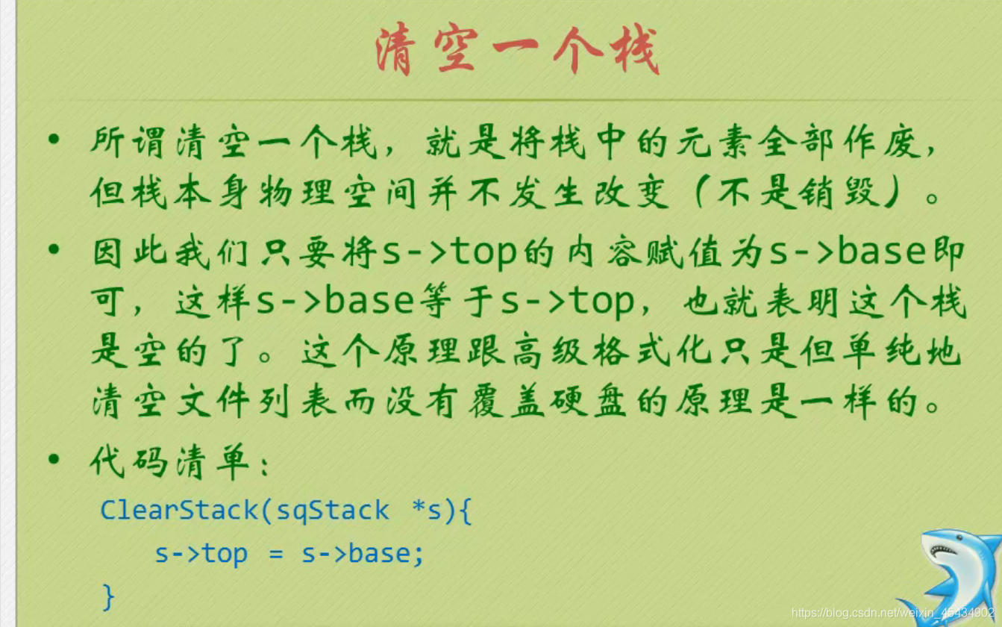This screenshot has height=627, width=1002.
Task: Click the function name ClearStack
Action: click(179, 511)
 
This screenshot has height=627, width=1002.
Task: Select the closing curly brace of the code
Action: click(109, 596)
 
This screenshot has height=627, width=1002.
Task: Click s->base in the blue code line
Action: click(363, 554)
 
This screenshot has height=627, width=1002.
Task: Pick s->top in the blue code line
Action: click(201, 554)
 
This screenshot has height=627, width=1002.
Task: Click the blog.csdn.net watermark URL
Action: click(892, 614)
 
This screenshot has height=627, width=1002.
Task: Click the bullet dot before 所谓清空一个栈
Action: click(53, 139)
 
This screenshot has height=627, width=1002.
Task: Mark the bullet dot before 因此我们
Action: click(53, 249)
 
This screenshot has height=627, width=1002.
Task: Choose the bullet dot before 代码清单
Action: click(53, 458)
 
